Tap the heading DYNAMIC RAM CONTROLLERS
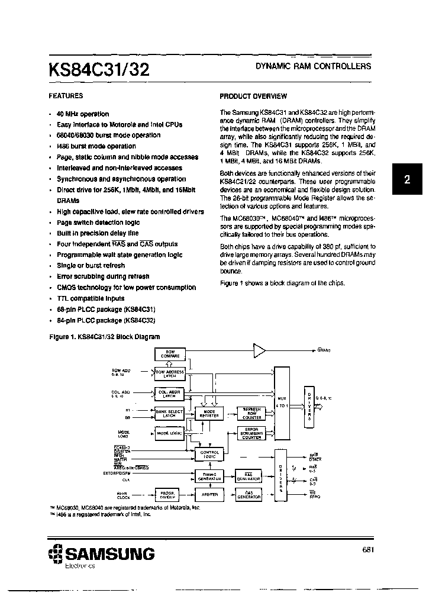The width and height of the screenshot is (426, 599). point(313,66)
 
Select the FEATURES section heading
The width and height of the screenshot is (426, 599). point(66,95)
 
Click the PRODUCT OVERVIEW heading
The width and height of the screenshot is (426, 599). point(253,96)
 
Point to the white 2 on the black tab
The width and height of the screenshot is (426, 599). point(407,181)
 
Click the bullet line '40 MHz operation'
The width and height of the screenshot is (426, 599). point(83,114)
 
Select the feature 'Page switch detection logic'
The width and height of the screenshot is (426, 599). point(98,223)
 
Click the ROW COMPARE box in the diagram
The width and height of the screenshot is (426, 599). point(170,355)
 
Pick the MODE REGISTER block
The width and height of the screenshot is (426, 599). point(210,414)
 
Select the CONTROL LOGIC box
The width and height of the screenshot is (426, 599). point(210,454)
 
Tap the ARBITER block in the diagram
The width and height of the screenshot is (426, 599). point(210,494)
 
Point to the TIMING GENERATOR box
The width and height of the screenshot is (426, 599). point(210,475)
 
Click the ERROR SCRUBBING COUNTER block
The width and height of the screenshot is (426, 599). point(251,433)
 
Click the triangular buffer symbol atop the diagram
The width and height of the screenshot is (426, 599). point(259,350)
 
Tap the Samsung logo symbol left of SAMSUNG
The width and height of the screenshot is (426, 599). point(55,555)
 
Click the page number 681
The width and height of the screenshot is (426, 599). point(367,550)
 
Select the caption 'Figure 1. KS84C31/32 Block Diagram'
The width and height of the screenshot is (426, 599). point(104,337)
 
